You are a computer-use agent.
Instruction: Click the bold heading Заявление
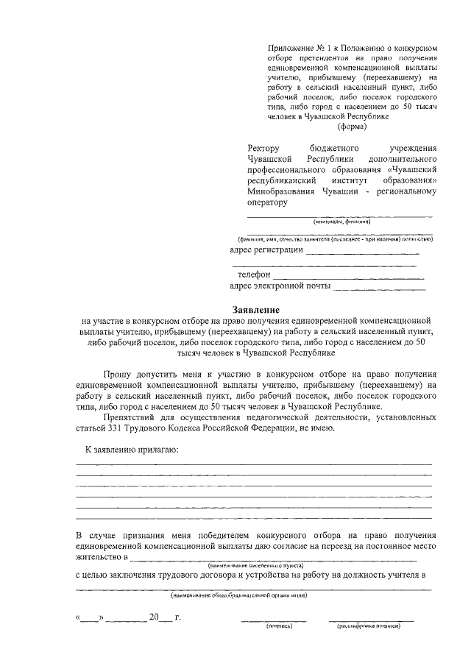[x=256, y=310]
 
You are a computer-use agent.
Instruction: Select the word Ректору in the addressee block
[x=264, y=148]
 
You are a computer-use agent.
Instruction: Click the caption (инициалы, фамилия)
[x=341, y=222]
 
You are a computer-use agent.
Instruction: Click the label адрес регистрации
[x=266, y=249]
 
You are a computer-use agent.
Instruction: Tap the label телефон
[x=254, y=274]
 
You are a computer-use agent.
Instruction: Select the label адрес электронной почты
[x=280, y=286]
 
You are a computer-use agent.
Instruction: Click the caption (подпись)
[x=280, y=626]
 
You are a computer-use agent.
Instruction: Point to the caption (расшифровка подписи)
[x=369, y=626]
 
